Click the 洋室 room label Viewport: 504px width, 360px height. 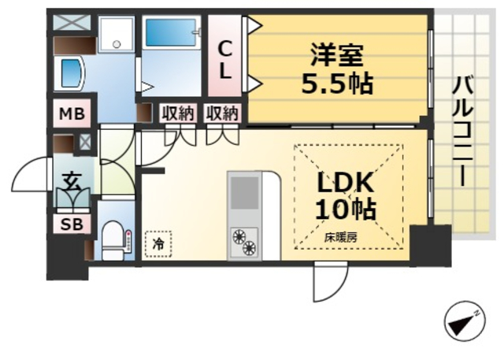336,56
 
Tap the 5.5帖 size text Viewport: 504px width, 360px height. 336,83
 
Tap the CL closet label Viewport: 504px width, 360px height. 225,60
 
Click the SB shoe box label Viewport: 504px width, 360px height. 71,224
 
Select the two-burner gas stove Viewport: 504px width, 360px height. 244,241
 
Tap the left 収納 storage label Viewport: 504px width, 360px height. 179,113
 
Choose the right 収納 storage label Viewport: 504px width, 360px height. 222,113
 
